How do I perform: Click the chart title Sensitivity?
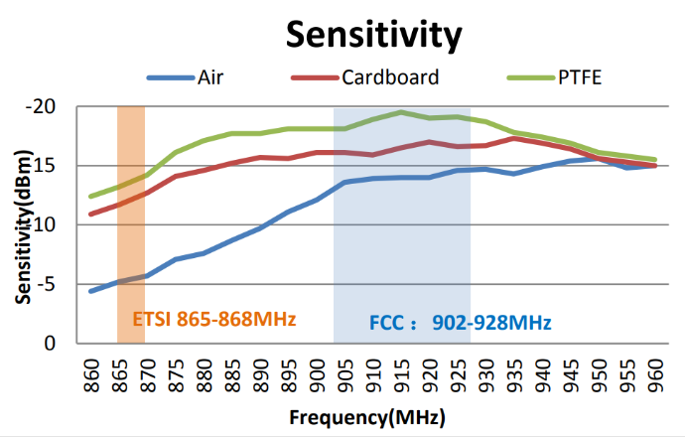tap(374, 34)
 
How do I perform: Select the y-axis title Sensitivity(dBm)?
tap(22, 225)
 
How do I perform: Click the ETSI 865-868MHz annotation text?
tap(214, 320)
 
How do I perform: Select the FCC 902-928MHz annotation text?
tap(460, 323)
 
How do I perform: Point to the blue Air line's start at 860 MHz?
tap(91, 291)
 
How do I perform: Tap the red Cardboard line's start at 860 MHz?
tap(91, 214)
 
